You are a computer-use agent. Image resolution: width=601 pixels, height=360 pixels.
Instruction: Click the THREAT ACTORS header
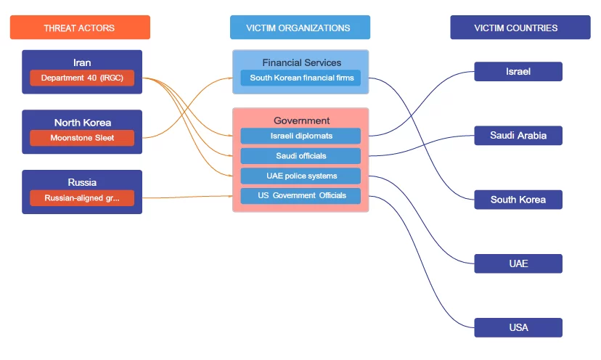click(x=80, y=28)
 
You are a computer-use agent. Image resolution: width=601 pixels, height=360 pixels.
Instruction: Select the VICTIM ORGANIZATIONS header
click(x=300, y=28)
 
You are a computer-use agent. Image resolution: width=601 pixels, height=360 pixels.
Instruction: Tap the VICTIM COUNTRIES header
click(x=520, y=28)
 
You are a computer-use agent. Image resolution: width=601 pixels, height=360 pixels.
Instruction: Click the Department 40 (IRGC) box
click(x=82, y=78)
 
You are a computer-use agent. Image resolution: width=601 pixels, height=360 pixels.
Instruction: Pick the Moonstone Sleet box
click(x=82, y=138)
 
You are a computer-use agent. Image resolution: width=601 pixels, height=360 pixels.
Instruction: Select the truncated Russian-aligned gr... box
click(x=82, y=197)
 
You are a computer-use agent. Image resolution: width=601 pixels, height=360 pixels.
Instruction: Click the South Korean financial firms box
click(x=300, y=78)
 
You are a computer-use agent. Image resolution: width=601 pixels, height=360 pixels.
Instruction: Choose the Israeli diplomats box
click(x=300, y=136)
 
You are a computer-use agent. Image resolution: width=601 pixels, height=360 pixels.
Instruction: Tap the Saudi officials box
click(x=300, y=156)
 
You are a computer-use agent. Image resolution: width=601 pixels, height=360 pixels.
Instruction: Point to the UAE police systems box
click(x=300, y=176)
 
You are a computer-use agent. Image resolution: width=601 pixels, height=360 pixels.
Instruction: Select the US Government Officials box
click(x=300, y=195)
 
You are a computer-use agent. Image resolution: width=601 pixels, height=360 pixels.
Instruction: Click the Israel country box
click(x=518, y=71)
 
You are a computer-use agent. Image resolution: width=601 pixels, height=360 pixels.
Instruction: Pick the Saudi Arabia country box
click(x=518, y=135)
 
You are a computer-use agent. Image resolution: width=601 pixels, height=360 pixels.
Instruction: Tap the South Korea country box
click(x=518, y=200)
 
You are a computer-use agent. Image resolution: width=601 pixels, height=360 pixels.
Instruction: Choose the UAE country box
click(x=518, y=263)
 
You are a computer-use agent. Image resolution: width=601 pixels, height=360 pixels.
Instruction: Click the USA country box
click(x=518, y=327)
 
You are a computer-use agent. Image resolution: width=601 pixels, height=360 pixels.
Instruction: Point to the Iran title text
click(x=82, y=62)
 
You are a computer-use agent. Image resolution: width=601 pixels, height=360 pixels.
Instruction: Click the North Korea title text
click(x=82, y=123)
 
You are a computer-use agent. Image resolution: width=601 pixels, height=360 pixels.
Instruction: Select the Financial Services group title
click(x=301, y=62)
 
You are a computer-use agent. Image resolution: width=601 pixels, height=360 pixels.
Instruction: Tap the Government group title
click(x=301, y=120)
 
